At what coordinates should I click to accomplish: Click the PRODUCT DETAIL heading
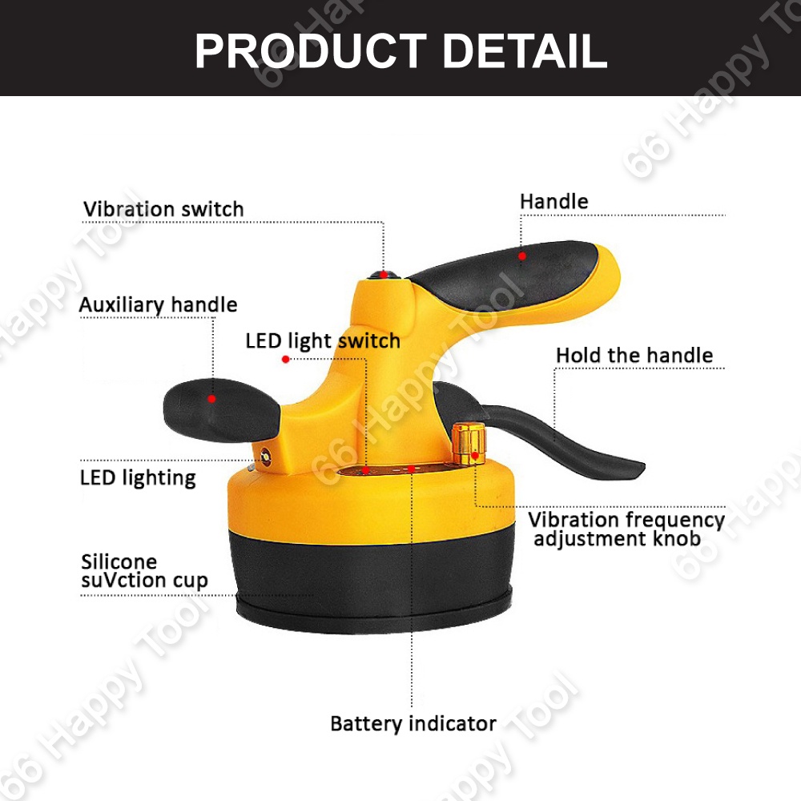click(x=400, y=50)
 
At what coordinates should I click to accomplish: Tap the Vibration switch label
click(x=163, y=209)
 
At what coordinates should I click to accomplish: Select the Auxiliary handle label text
click(x=158, y=305)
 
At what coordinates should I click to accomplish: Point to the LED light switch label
click(x=323, y=341)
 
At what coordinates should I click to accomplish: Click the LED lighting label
click(x=138, y=478)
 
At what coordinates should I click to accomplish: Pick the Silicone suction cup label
click(x=144, y=570)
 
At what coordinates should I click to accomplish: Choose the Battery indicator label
click(x=413, y=723)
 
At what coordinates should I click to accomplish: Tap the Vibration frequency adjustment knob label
click(x=626, y=529)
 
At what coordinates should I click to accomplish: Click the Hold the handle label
click(x=634, y=355)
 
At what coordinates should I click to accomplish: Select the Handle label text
click(x=553, y=201)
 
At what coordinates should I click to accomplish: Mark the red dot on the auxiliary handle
click(x=212, y=398)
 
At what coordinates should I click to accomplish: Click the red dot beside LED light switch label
click(x=285, y=360)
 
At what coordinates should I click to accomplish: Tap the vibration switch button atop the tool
click(x=384, y=276)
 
